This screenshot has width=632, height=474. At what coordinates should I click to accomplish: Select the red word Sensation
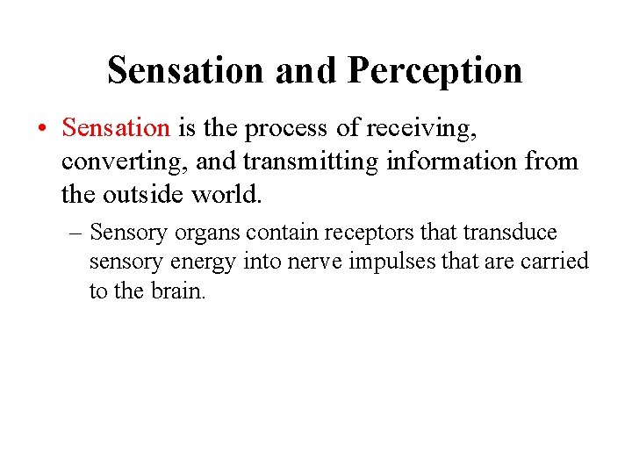click(116, 128)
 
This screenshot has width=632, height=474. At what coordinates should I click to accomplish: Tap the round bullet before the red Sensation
click(43, 129)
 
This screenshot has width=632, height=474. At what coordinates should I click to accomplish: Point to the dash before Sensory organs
click(77, 233)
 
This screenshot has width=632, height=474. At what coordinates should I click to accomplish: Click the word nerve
click(293, 262)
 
